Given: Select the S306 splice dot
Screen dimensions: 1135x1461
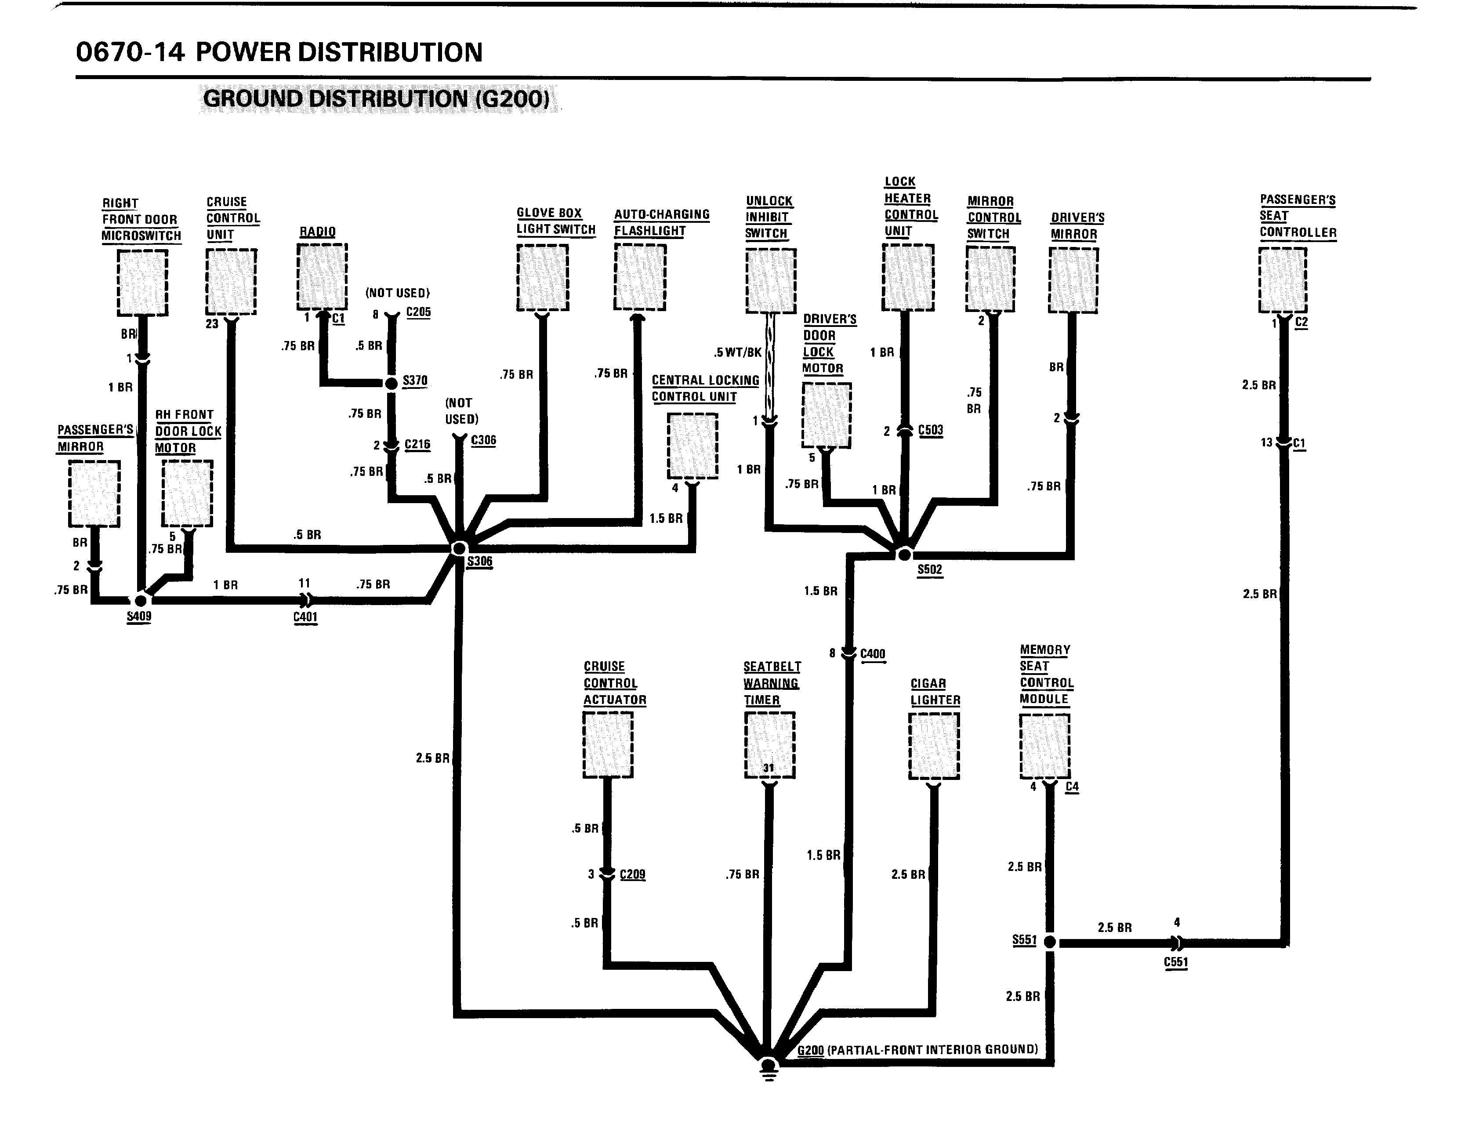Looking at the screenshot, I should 459,548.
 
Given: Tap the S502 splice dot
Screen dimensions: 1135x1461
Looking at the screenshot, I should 904,555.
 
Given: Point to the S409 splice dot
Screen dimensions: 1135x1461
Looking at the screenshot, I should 141,600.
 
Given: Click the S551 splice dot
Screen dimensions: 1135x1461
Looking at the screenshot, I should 1050,942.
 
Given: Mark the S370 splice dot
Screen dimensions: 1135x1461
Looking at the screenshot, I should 392,383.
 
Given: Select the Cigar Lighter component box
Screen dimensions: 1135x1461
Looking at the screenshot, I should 934,746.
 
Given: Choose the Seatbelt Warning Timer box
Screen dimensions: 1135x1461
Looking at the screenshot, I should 769,744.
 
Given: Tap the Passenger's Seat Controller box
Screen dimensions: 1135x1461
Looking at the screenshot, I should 1283,279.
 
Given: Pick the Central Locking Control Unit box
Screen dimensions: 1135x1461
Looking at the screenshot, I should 692,446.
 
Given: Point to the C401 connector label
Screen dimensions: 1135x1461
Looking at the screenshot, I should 305,616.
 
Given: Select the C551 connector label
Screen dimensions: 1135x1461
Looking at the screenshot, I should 1175,962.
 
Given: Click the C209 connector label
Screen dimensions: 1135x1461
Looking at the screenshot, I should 632,874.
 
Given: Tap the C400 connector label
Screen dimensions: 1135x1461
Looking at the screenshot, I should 872,653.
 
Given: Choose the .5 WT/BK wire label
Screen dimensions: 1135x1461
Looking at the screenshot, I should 738,352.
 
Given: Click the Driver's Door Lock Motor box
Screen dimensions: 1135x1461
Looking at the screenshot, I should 826,415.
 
